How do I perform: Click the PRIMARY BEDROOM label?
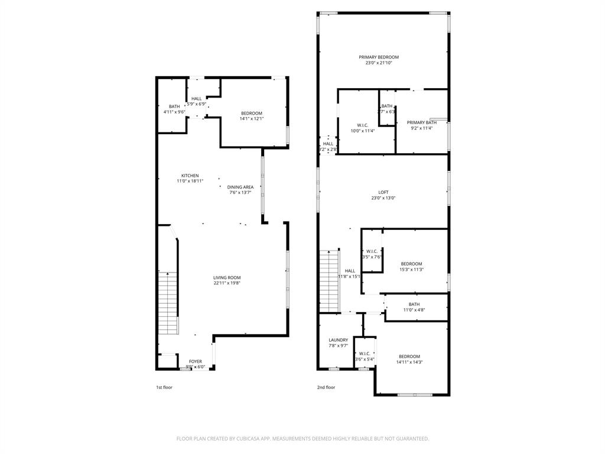coord(379,57)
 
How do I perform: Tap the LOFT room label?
coord(383,192)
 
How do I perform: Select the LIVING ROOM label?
coord(227,277)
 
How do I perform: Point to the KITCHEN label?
coord(190,176)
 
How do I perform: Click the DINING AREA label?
coord(240,187)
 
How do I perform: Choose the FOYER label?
coord(195,361)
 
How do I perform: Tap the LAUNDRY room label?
coord(338,340)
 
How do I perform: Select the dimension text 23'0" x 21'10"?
coord(379,63)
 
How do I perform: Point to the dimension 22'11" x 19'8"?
coord(227,283)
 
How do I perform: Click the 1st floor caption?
coord(164,387)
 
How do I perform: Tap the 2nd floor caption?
coord(326,387)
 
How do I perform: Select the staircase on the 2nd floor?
coord(330,281)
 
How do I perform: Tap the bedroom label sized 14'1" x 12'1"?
coord(251,113)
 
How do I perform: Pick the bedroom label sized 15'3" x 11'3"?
coord(411,264)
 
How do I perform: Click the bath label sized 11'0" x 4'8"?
coord(414,304)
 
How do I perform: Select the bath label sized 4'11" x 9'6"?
coord(174,106)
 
